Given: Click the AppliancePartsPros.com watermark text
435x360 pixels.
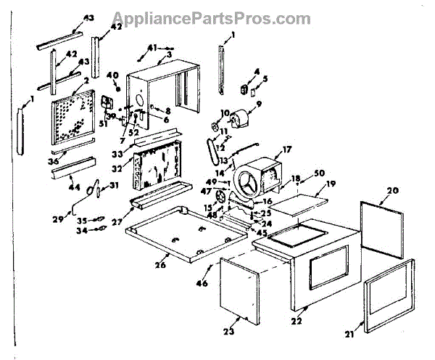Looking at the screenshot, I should (217, 17).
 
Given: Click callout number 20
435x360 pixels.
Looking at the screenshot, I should (392, 191).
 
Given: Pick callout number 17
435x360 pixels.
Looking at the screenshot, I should (287, 150).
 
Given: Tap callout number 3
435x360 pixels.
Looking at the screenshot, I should (168, 55).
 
